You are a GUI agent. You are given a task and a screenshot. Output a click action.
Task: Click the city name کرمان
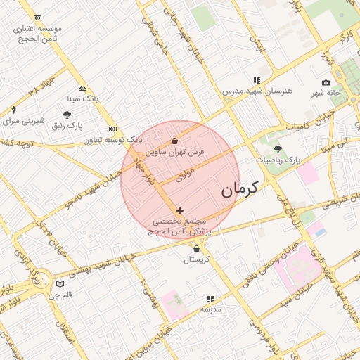(x=240, y=188)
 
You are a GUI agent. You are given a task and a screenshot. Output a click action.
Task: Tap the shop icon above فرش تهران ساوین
(x=174, y=141)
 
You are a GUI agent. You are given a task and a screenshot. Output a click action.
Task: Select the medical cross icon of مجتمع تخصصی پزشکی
(x=180, y=210)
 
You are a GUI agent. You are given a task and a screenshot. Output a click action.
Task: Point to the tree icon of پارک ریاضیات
(x=278, y=149)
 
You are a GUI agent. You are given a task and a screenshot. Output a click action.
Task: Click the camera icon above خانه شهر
(x=326, y=83)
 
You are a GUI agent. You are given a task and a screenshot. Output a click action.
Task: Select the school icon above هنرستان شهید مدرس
(x=257, y=81)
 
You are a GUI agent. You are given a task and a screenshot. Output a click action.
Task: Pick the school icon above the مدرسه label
(x=210, y=299)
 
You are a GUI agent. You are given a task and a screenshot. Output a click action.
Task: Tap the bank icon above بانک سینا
(x=83, y=88)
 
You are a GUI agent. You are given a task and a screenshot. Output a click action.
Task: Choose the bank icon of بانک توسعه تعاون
(x=112, y=129)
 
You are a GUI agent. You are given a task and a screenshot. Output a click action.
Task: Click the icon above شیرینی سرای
(x=13, y=110)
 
